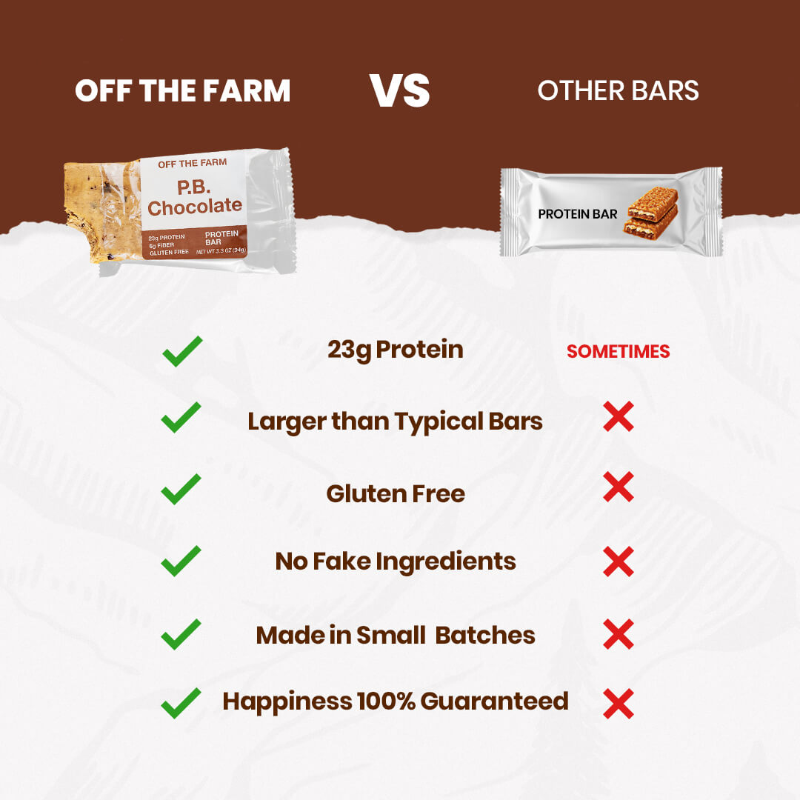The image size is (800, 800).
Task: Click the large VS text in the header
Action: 400,90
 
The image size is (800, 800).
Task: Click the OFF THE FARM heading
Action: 182,91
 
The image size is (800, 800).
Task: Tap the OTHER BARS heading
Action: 618,90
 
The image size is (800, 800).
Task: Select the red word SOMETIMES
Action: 618,352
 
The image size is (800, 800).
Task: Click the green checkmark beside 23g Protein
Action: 181,351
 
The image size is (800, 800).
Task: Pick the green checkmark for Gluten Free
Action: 181,490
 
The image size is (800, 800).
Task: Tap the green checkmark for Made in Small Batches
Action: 181,634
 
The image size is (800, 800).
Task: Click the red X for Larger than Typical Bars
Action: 618,419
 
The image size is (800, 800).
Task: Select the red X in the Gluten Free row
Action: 618,487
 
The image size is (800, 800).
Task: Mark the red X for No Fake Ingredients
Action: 618,561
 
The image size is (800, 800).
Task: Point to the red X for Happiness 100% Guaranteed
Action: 618,703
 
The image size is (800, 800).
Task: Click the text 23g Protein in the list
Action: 395,350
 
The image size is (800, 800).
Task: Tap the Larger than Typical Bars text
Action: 395,421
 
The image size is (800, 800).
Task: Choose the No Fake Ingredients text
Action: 395,561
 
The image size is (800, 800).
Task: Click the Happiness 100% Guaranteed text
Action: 395,701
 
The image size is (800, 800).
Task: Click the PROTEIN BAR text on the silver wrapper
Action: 577,214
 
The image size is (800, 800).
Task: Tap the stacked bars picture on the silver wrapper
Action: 653,212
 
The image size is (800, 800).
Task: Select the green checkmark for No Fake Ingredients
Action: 181,561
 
